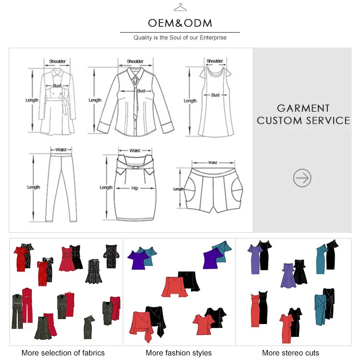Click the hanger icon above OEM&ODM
180,7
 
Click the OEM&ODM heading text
180,23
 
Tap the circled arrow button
302,178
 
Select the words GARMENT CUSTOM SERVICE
303,115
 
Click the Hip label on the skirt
135,188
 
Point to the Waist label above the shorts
213,163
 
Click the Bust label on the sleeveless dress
216,95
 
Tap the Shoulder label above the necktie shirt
135,61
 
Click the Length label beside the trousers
33,187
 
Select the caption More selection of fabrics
63,353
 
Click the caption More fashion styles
179,353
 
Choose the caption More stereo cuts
290,353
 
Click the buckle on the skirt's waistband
135,167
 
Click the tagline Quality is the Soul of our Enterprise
180,38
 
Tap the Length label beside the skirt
106,187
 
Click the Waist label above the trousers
60,150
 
